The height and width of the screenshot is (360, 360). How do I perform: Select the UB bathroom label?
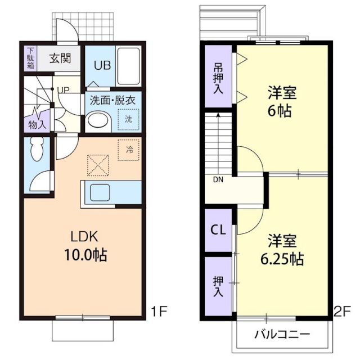[x=102, y=65]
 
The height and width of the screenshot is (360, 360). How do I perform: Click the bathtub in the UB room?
[x=129, y=65]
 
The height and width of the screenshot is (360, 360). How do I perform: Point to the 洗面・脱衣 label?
[x=113, y=101]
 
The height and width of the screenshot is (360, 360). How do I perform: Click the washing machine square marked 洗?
[x=128, y=119]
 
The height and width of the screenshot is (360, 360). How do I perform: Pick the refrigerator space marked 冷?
[x=129, y=150]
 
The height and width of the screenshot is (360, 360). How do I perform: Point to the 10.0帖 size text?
[x=85, y=254]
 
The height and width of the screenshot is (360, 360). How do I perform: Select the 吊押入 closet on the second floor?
[x=218, y=77]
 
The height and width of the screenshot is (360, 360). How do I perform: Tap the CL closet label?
[x=218, y=230]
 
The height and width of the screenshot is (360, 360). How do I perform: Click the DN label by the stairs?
[x=218, y=181]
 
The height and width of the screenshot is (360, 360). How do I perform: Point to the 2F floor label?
[x=341, y=310]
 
